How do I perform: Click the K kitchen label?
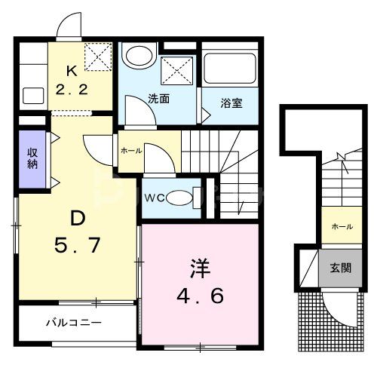point(72,72)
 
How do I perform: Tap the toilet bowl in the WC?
point(181,198)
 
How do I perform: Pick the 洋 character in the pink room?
point(198,268)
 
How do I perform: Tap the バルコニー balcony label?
point(73,323)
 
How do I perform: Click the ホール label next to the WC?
point(130,151)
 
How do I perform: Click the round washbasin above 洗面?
point(138,56)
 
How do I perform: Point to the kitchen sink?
point(32,96)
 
